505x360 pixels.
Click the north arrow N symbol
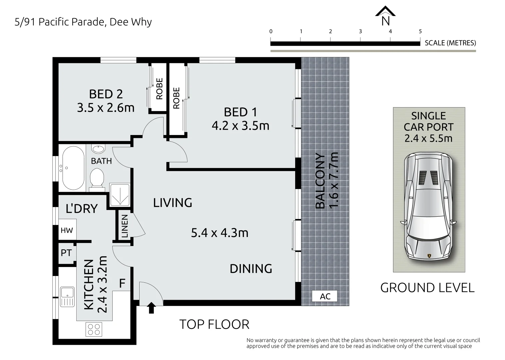pyautogui.click(x=385, y=16)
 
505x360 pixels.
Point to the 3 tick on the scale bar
pyautogui.click(x=360, y=39)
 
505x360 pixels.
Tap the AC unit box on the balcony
pyautogui.click(x=325, y=296)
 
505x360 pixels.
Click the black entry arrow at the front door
pyautogui.click(x=151, y=308)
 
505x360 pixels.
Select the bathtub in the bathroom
pyautogui.click(x=73, y=168)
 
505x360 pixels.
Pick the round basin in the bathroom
pyautogui.click(x=98, y=149)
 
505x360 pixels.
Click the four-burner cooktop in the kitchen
pyautogui.click(x=94, y=329)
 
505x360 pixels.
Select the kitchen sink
pyautogui.click(x=67, y=297)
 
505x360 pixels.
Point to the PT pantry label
pyautogui.click(x=66, y=253)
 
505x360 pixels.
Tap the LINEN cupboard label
pyautogui.click(x=125, y=226)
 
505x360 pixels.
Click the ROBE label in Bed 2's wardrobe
pyautogui.click(x=159, y=89)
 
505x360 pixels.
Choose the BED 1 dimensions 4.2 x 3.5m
pyautogui.click(x=241, y=126)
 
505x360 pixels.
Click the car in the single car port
pyautogui.click(x=428, y=207)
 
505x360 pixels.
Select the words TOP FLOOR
pyautogui.click(x=215, y=324)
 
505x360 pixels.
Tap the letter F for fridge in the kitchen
pyautogui.click(x=122, y=283)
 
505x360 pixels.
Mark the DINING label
pyautogui.click(x=251, y=269)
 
